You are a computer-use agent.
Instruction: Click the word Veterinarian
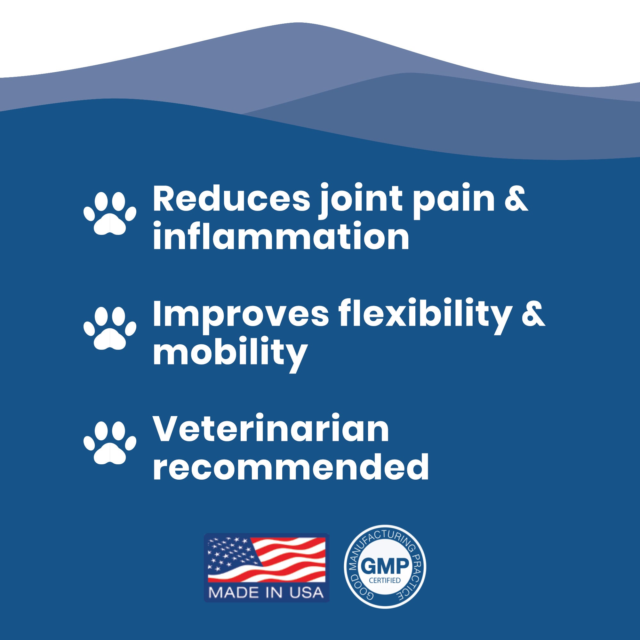point(271,429)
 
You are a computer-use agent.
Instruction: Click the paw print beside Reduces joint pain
point(110,213)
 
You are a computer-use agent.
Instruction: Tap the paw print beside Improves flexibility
point(110,328)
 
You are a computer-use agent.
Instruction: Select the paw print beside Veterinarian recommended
point(110,442)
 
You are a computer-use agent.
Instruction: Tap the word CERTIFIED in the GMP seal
point(385,580)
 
